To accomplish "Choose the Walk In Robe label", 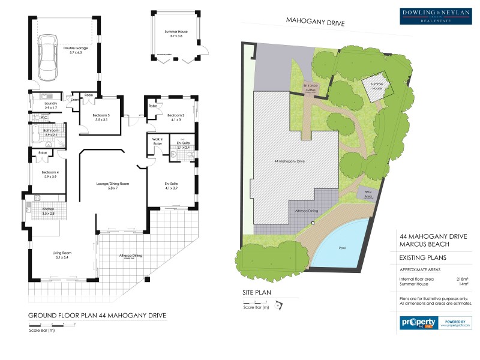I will point(158,143).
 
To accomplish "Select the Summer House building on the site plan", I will point(377,85).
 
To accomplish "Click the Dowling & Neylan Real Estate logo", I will point(436,16).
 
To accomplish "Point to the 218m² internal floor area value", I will point(462,278).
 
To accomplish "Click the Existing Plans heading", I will point(422,258).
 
